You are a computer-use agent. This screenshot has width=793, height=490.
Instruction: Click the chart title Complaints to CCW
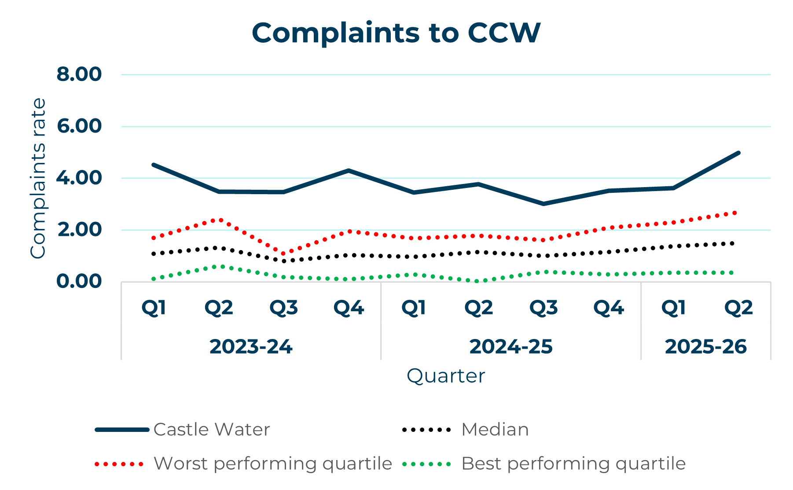point(396,33)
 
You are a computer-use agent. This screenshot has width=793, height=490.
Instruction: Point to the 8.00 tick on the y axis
point(79,74)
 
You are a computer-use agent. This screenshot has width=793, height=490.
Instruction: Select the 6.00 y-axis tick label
point(79,126)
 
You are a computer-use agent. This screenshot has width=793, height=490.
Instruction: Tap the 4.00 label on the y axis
point(79,178)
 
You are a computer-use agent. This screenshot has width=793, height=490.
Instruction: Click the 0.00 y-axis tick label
point(79,281)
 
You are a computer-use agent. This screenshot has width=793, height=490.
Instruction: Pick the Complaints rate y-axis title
point(38,178)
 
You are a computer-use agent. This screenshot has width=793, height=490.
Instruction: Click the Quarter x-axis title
point(445,376)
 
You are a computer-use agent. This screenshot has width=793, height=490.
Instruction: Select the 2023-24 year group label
point(251,347)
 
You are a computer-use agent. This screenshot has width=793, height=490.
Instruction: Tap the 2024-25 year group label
point(510,347)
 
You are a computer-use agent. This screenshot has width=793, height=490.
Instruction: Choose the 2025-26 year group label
point(705,347)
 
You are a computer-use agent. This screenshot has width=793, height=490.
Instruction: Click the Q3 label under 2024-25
point(543,308)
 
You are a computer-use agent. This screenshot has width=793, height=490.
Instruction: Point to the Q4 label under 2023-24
point(349,308)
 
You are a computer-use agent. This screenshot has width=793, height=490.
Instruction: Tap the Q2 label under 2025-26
point(738,308)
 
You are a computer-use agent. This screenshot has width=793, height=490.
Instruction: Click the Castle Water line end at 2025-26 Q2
point(738,153)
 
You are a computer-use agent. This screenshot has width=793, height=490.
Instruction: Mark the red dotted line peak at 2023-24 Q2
point(219,219)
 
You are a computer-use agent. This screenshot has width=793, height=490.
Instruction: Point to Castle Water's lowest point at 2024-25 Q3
point(543,204)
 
